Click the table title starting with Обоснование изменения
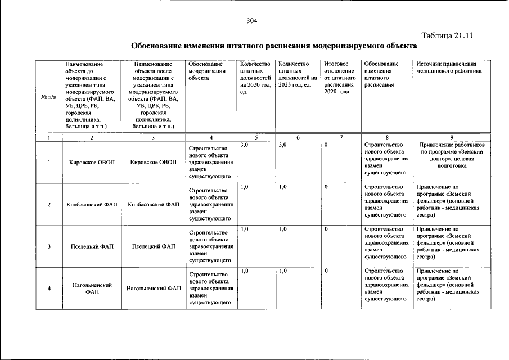[274, 45]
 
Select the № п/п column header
[49, 96]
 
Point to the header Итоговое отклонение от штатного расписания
[339, 78]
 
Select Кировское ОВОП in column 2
[92, 163]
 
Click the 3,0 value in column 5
[244, 145]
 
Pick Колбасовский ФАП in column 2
[92, 204]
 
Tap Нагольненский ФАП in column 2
[92, 289]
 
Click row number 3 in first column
[49, 246]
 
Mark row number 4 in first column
[49, 289]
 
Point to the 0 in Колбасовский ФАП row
[327, 187]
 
